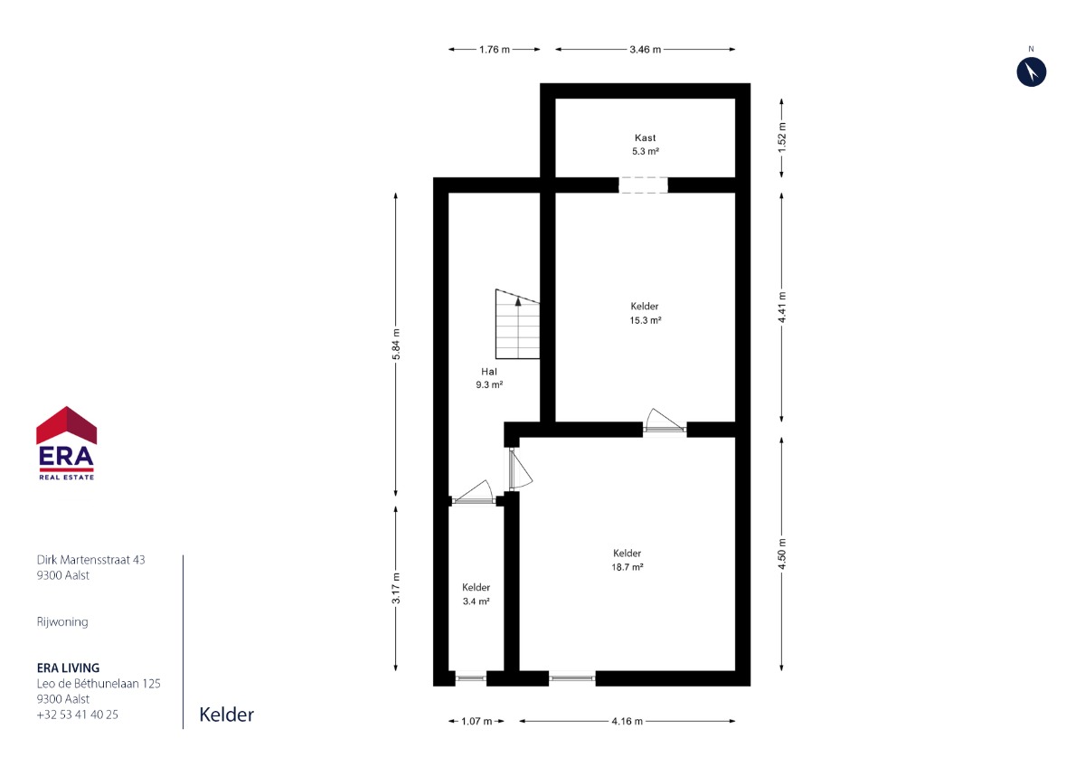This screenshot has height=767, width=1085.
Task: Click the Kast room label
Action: [x=646, y=137]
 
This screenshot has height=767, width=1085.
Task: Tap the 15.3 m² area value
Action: [x=646, y=320]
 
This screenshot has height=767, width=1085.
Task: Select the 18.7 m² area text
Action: [x=627, y=567]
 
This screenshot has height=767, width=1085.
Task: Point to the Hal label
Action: [x=489, y=372]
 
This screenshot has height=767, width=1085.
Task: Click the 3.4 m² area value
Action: [x=476, y=601]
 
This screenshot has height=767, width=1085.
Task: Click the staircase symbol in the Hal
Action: [x=517, y=324]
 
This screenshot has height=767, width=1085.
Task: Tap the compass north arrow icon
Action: [x=1032, y=71]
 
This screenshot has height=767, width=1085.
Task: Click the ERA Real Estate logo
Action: [x=66, y=443]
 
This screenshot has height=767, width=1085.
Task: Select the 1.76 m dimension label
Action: [x=495, y=50]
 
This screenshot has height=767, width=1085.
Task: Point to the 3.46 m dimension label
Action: [x=646, y=50]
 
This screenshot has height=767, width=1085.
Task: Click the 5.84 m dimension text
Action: [x=396, y=344]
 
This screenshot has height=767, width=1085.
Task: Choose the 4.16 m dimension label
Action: [x=627, y=722]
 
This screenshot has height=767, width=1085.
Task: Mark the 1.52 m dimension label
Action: [x=782, y=137]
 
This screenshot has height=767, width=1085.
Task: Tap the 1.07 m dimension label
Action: [x=476, y=722]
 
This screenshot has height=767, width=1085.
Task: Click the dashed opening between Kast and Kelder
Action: [x=643, y=185]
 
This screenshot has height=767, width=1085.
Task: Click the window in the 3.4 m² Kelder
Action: [x=471, y=678]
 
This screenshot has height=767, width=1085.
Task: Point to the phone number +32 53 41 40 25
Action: [x=78, y=715]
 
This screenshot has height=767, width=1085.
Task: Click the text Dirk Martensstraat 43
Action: [x=90, y=560]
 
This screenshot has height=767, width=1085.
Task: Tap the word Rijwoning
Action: [x=62, y=622]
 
